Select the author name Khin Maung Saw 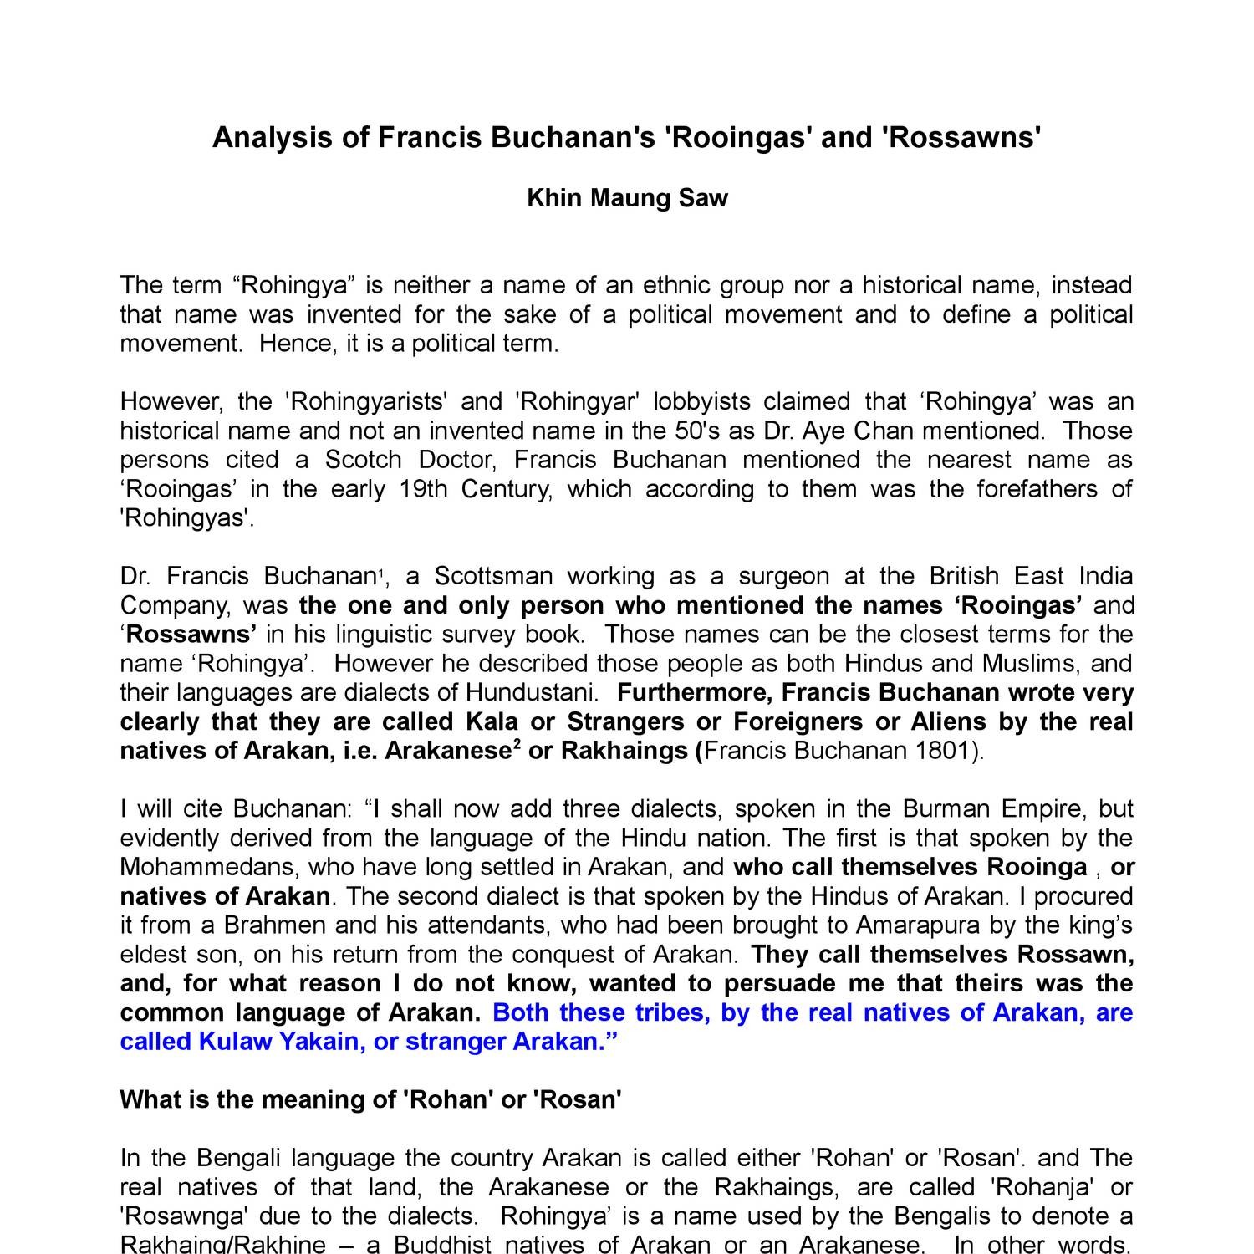627,198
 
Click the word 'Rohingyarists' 364,401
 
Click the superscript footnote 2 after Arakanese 517,745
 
